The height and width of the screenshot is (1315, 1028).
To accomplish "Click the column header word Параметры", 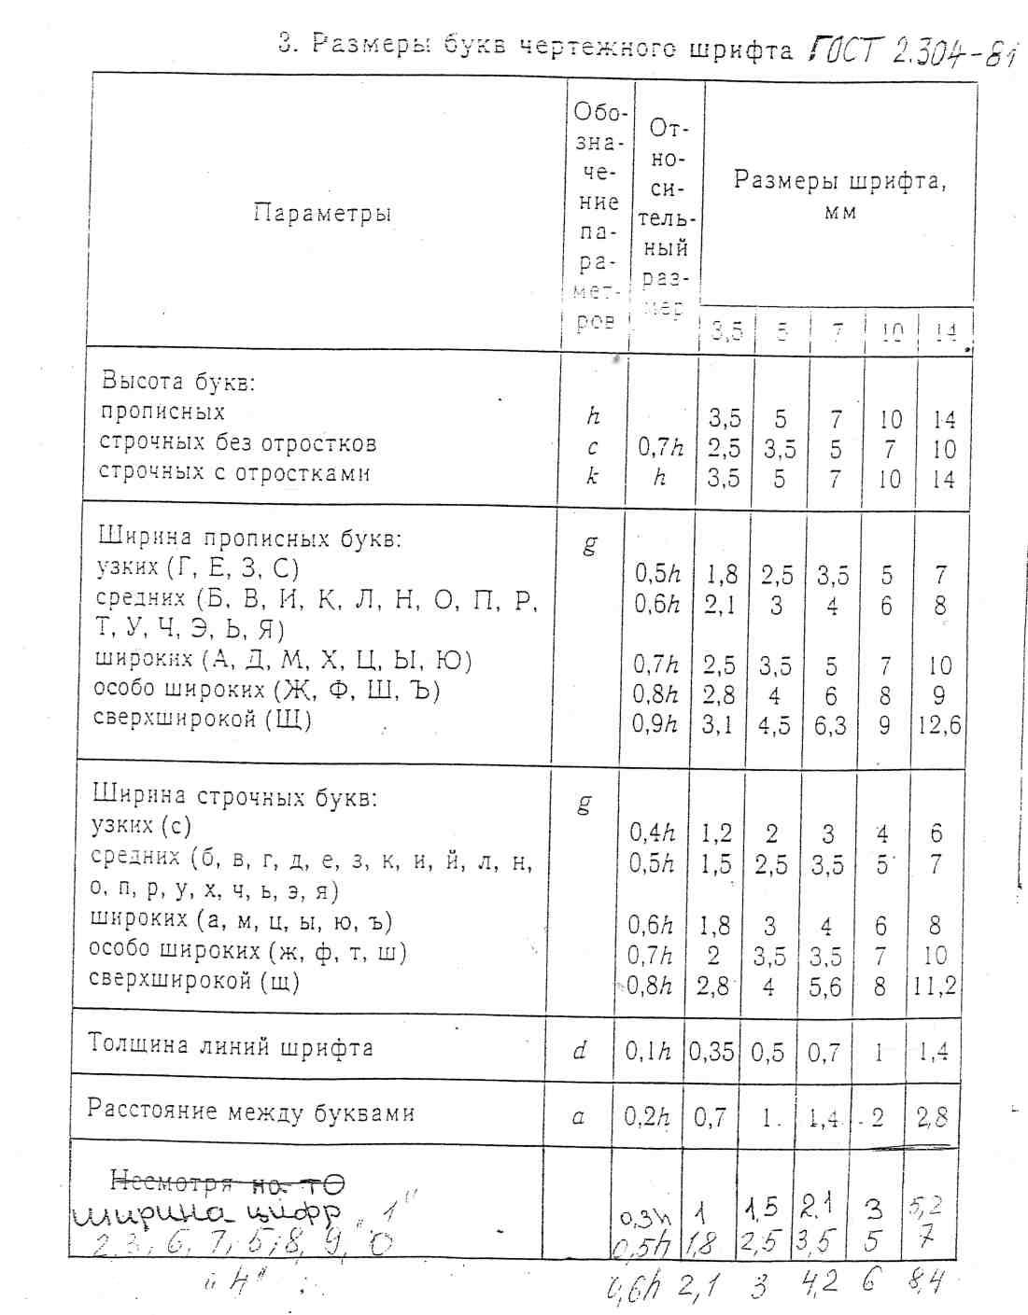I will tap(321, 214).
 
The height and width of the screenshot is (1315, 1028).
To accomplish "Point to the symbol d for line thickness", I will tap(580, 1051).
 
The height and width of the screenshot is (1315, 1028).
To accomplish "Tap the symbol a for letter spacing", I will tap(579, 1115).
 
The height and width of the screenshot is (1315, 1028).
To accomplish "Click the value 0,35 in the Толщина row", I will tap(711, 1052).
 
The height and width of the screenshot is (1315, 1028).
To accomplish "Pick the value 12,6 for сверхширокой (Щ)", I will tap(938, 725).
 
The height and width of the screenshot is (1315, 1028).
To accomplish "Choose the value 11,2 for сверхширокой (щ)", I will tap(935, 986).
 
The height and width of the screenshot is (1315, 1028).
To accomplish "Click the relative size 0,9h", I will tap(654, 724).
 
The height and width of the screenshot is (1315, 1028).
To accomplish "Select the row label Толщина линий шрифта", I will tap(231, 1045).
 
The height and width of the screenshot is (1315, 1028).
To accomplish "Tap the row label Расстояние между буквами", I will tap(250, 1111).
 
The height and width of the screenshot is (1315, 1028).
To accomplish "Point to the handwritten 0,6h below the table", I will tap(633, 1292).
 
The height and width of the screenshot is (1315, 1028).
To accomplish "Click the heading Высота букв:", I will tap(178, 382).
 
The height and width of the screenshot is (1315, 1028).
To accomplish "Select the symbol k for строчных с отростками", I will tap(591, 476).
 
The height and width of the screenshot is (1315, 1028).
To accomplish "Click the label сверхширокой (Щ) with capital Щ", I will tap(203, 720).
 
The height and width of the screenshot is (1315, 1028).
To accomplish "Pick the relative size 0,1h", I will tap(648, 1052).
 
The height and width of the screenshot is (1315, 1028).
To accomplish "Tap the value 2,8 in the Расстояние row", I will tap(931, 1116).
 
